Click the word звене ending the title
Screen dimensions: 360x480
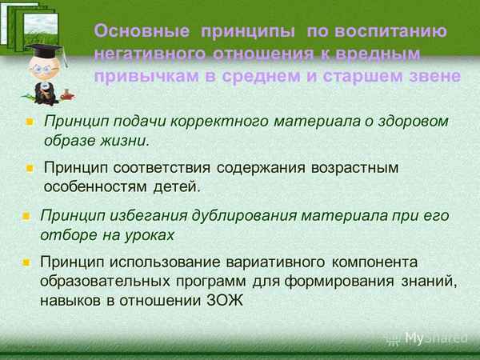point(437,77)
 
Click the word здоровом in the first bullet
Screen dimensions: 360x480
point(407,121)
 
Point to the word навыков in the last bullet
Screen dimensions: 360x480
point(70,301)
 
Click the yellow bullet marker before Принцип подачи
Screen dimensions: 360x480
point(30,122)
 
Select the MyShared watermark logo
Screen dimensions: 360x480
point(433,338)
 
